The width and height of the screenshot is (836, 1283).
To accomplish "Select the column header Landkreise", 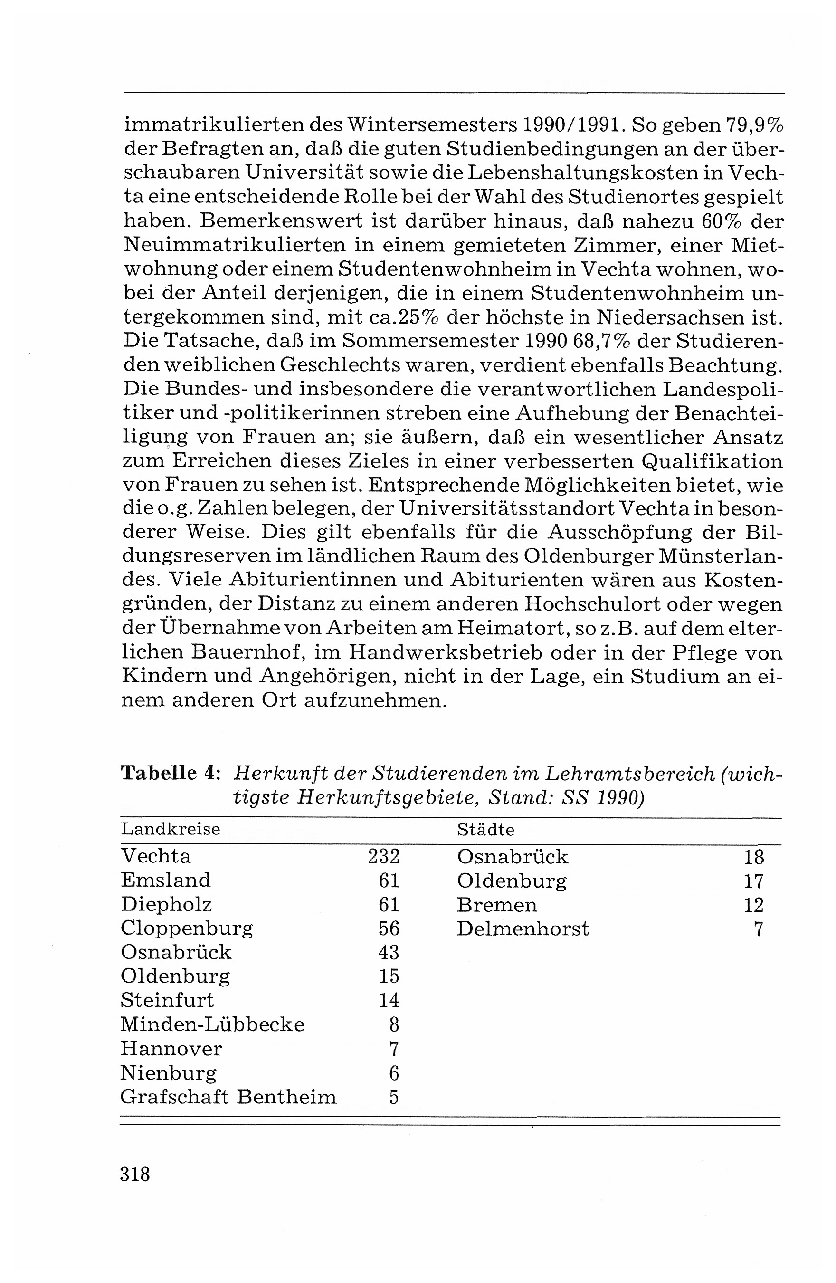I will point(171,829).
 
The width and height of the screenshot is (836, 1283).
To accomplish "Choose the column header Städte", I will point(485,829).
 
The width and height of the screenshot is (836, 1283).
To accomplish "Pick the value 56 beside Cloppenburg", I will point(389,928).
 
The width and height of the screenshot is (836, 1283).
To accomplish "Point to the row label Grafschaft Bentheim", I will point(228,1096).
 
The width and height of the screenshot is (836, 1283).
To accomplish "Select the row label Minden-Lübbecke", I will point(212,1024).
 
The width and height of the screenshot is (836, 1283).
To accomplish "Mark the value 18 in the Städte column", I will point(753,857).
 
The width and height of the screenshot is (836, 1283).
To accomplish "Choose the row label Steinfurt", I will point(167,1000).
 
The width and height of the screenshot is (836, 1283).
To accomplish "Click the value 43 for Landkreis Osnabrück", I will point(389,952).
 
